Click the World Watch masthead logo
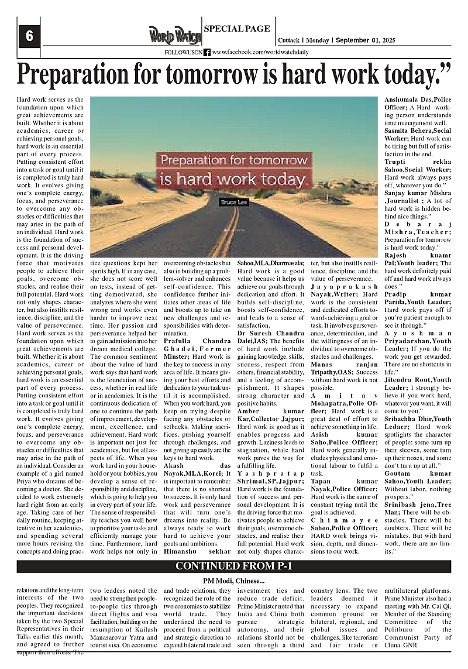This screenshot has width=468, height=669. [x=174, y=36]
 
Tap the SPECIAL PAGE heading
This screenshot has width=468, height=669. [x=236, y=29]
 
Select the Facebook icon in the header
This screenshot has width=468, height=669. [x=207, y=52]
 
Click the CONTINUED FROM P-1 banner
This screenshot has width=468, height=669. [x=233, y=566]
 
